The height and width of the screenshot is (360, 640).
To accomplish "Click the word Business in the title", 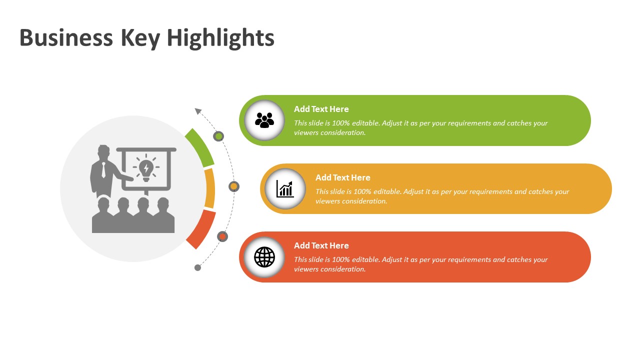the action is [x=66, y=37].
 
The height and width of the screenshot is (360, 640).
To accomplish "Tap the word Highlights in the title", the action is [x=220, y=39].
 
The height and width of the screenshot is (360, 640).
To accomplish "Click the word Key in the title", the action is [x=140, y=39].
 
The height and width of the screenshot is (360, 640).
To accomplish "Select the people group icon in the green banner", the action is [x=264, y=120].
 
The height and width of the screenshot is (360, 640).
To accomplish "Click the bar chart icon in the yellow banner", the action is [x=285, y=189].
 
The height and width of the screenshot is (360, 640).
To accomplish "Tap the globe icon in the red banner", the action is [x=264, y=257].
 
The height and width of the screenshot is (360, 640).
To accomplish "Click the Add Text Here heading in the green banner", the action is [x=321, y=109].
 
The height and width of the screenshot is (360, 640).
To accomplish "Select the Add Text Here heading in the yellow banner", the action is [x=342, y=177].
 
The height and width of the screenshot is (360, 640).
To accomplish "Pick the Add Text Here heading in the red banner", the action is [x=321, y=245].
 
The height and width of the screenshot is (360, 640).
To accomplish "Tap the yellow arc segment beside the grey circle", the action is [x=210, y=188].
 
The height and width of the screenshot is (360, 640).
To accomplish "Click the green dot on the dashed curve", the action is [x=218, y=136].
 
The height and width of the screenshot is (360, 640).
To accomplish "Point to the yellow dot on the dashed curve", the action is [x=234, y=186].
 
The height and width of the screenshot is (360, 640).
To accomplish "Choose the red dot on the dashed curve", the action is [x=222, y=236].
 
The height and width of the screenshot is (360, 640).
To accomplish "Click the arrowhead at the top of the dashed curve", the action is [x=197, y=111].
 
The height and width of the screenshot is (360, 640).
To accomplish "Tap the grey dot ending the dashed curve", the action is [x=197, y=267].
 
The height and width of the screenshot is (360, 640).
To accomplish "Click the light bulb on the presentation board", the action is [x=146, y=169].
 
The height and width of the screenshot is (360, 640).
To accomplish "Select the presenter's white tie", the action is [x=103, y=170].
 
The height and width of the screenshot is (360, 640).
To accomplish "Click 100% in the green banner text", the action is [x=341, y=123].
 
